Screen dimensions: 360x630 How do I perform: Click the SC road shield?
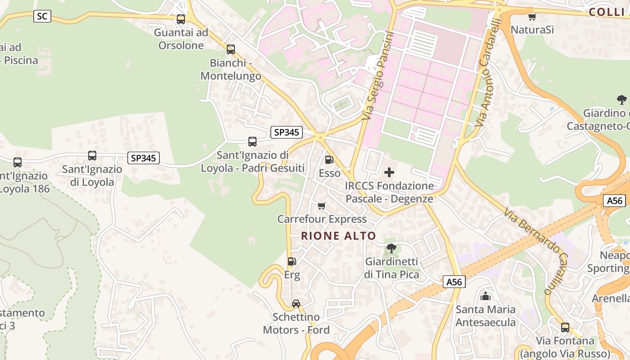(42, 17)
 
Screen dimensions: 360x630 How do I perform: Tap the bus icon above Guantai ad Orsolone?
(181, 19)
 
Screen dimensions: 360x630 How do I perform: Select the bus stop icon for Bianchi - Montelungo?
(231, 49)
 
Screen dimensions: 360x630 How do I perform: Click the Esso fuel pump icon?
(329, 159)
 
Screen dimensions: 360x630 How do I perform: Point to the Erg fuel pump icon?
(292, 261)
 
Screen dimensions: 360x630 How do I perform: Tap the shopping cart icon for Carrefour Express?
(322, 206)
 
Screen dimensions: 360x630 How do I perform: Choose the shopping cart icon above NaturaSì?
(532, 17)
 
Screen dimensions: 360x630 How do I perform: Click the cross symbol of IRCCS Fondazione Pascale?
(389, 172)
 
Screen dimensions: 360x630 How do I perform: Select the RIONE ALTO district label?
(338, 236)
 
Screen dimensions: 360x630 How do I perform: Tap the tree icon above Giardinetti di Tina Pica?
(391, 248)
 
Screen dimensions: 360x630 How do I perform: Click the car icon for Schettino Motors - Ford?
(296, 304)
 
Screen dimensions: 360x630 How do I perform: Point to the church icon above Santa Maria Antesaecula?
(486, 296)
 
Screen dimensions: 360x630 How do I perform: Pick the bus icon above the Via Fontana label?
(565, 327)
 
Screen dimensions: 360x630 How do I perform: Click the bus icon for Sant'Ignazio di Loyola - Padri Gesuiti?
(252, 142)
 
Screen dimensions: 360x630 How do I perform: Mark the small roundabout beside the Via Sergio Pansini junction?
(320, 137)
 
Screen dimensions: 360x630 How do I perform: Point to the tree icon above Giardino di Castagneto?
(622, 100)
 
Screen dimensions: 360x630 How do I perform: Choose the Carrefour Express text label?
(322, 219)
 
